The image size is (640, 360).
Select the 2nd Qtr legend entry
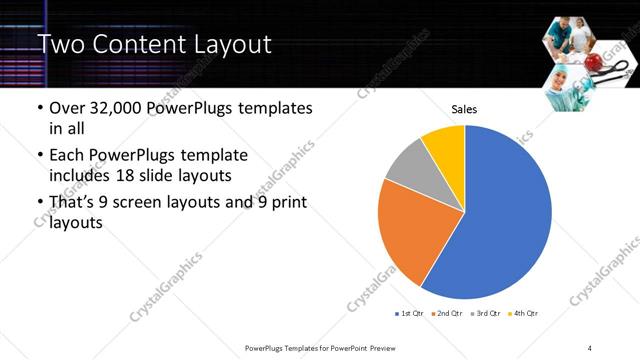pos(446,314)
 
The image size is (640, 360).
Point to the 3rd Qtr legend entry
pos(484,314)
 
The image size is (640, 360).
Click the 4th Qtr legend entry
pos(522,314)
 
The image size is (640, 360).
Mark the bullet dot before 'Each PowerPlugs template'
pos(39,157)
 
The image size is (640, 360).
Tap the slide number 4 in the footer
pos(590,347)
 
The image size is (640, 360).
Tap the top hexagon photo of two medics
pos(567,37)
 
